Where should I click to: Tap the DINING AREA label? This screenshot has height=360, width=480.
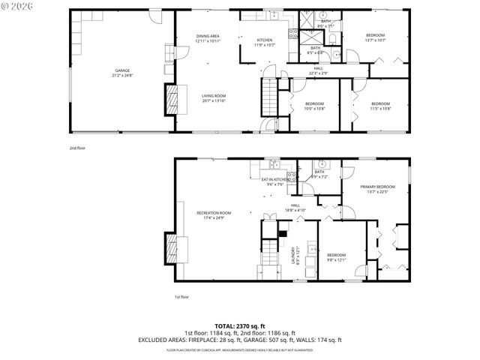pos(208,36)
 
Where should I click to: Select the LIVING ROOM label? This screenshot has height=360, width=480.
pos(214,96)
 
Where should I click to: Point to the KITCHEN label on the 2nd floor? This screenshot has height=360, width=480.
pos(265,40)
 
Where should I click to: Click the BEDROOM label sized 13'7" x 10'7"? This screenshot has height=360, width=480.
pos(375,36)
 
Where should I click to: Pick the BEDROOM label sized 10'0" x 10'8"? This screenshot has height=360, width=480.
pos(315,103)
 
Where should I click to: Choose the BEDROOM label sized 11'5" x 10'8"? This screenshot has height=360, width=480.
pos(380,103)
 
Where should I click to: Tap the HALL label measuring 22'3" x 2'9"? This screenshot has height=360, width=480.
pos(319,70)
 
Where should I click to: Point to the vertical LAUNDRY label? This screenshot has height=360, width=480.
pos(296,255)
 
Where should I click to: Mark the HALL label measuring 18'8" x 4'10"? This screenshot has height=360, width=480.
pos(295,207)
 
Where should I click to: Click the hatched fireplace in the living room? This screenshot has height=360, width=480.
pos(172,98)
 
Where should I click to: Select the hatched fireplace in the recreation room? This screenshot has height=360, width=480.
pos(172,247)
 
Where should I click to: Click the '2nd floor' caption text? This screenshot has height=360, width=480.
pos(77,148)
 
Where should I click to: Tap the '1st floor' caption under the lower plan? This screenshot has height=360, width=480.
pos(181,297)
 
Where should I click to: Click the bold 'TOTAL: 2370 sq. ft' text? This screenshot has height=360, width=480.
pos(239,326)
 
